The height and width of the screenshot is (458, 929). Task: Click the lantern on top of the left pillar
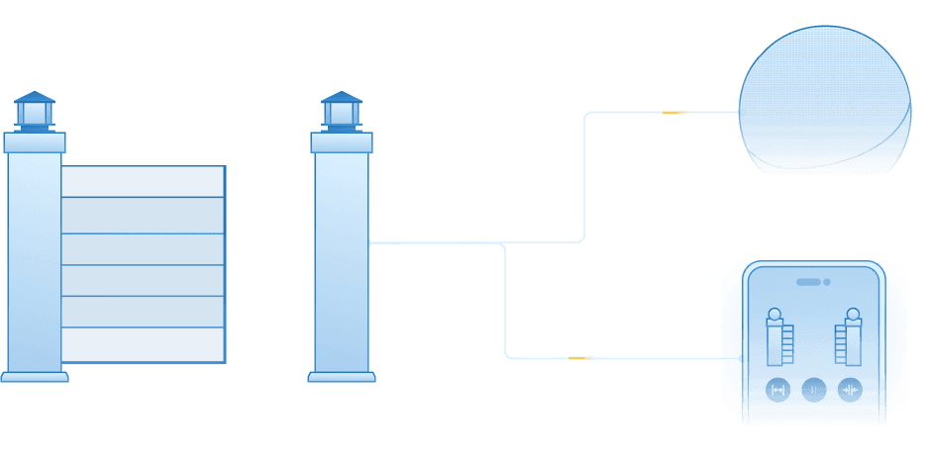35,111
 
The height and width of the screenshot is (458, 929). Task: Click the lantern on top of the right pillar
342,111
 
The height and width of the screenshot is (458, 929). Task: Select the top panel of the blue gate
143,182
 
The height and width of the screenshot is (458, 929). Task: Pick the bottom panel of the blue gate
143,344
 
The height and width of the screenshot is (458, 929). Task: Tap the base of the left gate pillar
35,376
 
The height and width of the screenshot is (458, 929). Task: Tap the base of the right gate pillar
342,376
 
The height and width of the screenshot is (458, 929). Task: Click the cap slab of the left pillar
35,143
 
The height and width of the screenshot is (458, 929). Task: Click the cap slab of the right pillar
342,143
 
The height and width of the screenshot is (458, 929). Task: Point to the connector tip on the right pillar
370,242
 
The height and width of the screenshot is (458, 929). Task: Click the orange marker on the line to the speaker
674,113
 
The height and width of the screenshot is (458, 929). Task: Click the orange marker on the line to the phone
581,357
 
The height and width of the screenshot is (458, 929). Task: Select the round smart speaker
824,100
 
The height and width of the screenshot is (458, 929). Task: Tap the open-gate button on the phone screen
777,390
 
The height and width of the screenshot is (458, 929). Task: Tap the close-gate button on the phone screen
850,390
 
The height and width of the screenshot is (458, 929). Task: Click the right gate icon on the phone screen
849,336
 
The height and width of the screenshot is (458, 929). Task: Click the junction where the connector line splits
505,243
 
